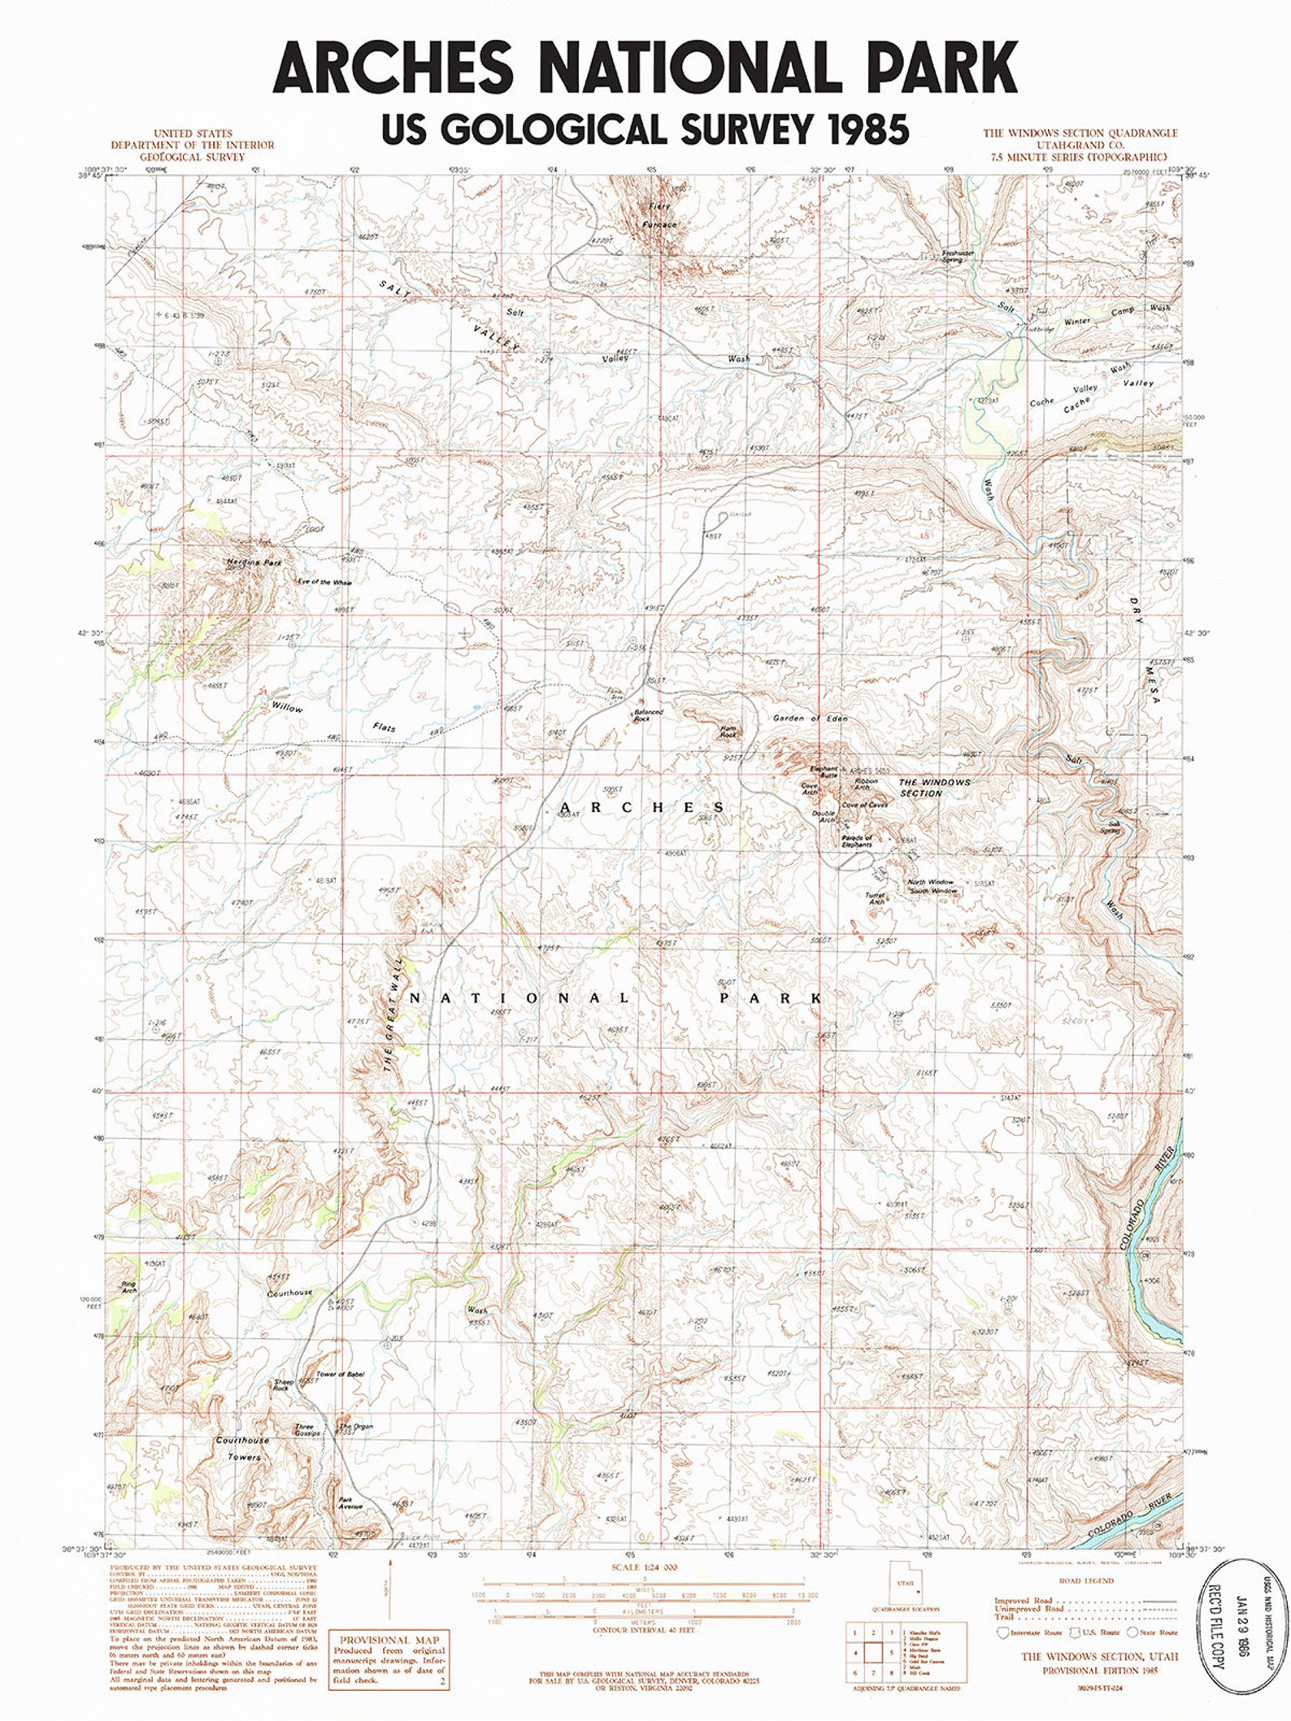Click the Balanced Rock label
coord(649,715)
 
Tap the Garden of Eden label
coord(810,719)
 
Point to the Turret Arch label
coord(875,898)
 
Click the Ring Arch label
coord(128,1287)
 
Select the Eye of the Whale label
coord(324,582)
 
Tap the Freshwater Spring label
coord(958,256)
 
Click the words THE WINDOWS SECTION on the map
coord(933,787)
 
